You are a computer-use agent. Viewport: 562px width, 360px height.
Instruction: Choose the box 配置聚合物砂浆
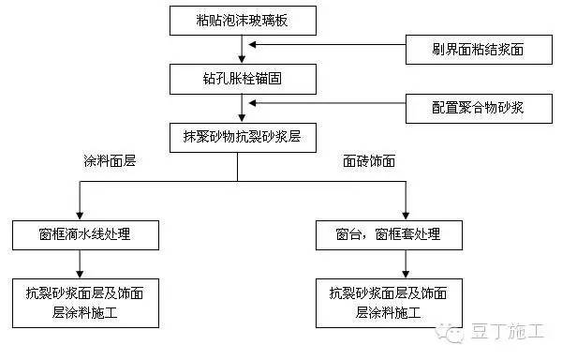[466, 108]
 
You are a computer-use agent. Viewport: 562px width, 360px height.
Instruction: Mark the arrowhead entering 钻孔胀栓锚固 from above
[242, 58]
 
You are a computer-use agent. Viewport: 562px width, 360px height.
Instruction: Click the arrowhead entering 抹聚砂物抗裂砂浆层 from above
[242, 118]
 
